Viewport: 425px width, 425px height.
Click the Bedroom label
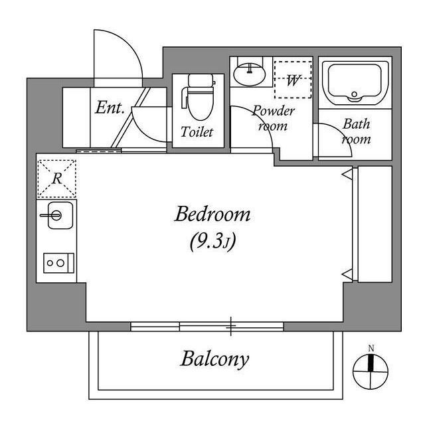tap(212, 214)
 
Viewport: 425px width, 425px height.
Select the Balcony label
tap(214, 359)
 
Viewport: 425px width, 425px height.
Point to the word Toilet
tap(197, 132)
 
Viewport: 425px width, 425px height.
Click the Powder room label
tap(272, 118)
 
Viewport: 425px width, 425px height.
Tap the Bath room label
tap(356, 131)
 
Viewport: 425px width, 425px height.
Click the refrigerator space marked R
tap(56, 178)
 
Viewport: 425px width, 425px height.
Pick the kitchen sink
tap(56, 216)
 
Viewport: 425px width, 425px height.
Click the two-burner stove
tap(56, 263)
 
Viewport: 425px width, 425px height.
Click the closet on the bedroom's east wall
tap(374, 224)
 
